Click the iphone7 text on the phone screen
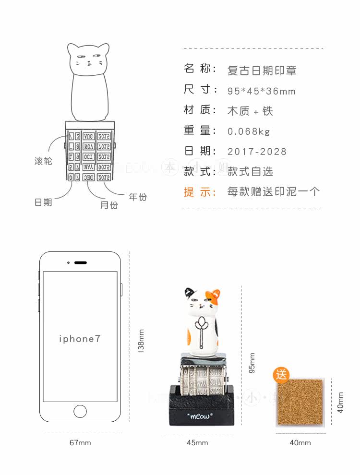tap(80, 339)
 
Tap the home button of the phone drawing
tap(80, 411)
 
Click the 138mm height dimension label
tap(141, 341)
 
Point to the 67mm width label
tap(80, 443)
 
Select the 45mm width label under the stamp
tap(197, 443)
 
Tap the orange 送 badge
tap(282, 375)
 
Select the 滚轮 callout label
tap(43, 161)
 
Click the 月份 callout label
tap(109, 205)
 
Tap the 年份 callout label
tap(138, 197)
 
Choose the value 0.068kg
tap(249, 131)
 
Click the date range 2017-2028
tap(257, 152)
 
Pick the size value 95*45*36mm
tap(262, 91)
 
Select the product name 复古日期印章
tap(262, 71)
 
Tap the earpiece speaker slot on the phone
tap(81, 262)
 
